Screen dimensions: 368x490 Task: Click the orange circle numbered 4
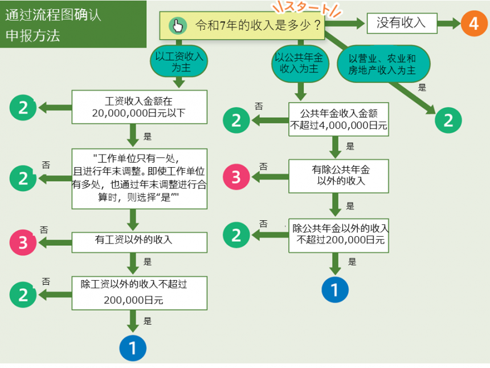pos(473,24)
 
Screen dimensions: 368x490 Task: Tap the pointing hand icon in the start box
pos(179,26)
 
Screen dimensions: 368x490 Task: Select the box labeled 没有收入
pos(401,23)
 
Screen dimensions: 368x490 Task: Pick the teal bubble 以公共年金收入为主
pos(299,63)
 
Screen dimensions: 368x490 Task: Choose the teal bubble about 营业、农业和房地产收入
pos(382,64)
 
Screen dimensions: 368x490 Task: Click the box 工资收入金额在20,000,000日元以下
pos(138,107)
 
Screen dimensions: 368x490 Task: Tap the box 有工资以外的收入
pos(138,241)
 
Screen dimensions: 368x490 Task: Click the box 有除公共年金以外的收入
pos(338,175)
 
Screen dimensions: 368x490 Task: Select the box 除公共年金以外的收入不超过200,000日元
pos(340,234)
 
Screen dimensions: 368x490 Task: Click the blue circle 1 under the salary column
pos(133,347)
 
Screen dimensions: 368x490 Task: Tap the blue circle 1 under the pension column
pos(334,290)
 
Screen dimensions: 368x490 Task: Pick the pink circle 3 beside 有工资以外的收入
pos(23,242)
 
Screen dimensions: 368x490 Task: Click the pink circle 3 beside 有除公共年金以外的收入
pos(236,177)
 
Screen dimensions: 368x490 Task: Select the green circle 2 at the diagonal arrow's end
pos(448,120)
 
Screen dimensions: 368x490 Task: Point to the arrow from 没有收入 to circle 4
pos(449,24)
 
